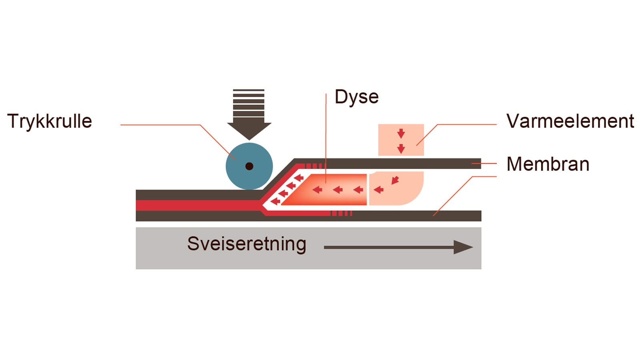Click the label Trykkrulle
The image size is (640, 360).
[x=50, y=122]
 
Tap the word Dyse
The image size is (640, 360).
[x=356, y=97]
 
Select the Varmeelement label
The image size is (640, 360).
[x=570, y=121]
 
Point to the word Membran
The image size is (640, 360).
[x=548, y=164]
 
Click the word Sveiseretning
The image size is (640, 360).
[x=246, y=244]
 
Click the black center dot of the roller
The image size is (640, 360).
[x=249, y=166]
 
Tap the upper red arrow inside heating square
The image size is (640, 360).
[x=401, y=133]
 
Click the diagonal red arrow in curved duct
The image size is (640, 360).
[x=395, y=180]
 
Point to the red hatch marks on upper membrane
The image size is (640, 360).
[x=314, y=166]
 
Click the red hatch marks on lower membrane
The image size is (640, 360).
[x=342, y=213]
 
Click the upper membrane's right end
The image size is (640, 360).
[x=476, y=163]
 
